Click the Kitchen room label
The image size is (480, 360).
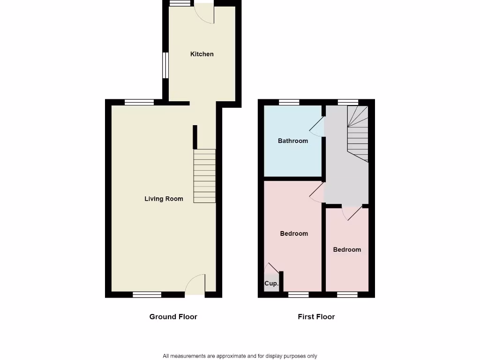coord(202,54)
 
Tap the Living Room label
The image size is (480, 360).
coord(164,199)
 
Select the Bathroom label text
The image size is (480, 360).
coord(293,141)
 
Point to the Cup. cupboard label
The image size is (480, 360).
coord(271,284)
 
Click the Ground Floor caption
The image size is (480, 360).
coord(173,316)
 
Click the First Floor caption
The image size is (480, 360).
coord(316,316)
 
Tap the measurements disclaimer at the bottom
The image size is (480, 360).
coord(240,356)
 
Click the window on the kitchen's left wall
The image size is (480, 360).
coord(165,65)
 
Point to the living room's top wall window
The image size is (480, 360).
coord(139,102)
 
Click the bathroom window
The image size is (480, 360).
coord(289,102)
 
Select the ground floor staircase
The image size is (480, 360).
coord(204,176)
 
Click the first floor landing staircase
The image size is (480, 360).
coord(358,134)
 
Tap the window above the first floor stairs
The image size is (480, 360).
coord(348,102)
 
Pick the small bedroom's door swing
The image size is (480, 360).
coord(352,212)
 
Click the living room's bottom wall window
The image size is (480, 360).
coord(147,294)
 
